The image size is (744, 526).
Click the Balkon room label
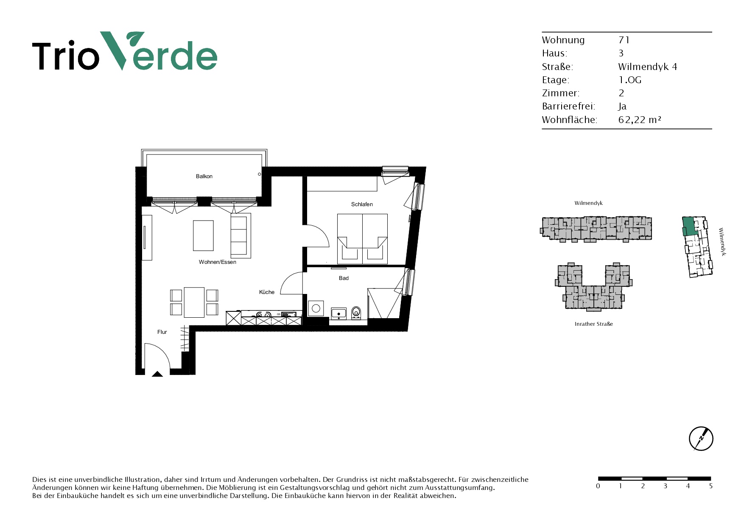pyautogui.click(x=204, y=176)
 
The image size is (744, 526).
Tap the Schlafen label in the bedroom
pyautogui.click(x=362, y=204)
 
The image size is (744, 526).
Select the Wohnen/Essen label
pyautogui.click(x=218, y=262)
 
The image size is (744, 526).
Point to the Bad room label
pyautogui.click(x=344, y=278)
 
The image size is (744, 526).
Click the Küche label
pyautogui.click(x=267, y=292)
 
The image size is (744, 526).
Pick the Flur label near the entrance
pyautogui.click(x=162, y=332)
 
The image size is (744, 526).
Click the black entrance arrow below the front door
pyautogui.click(x=157, y=374)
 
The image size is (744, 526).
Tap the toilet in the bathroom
pyautogui.click(x=356, y=312)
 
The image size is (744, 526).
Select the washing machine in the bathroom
pyautogui.click(x=316, y=309)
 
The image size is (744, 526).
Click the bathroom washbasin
pyautogui.click(x=338, y=313)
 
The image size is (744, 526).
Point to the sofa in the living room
pyautogui.click(x=241, y=235)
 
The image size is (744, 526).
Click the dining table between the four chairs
pyautogui.click(x=194, y=302)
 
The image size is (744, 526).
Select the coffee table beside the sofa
pyautogui.click(x=204, y=236)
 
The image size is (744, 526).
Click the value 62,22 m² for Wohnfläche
pyautogui.click(x=640, y=120)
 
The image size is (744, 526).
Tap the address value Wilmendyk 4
pyautogui.click(x=647, y=67)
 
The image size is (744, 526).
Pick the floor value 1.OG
pyautogui.click(x=630, y=80)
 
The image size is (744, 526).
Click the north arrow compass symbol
pyautogui.click(x=701, y=439)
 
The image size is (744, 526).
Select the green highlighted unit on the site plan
pyautogui.click(x=689, y=227)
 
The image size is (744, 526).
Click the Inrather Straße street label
pyautogui.click(x=593, y=324)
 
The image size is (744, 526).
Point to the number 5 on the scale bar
pyautogui.click(x=711, y=486)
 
